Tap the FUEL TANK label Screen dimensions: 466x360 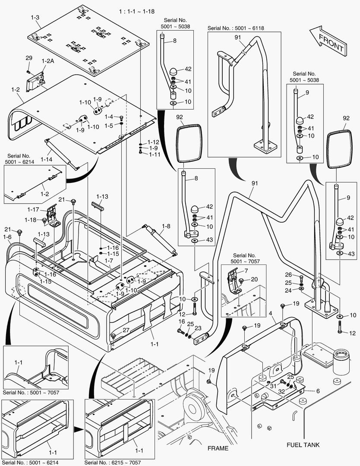pyautogui.click(x=303, y=444)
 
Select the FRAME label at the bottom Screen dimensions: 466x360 pyautogui.click(x=218, y=448)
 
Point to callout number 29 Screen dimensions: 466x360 pyautogui.click(x=28, y=58)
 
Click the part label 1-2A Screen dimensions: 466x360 pyautogui.click(x=47, y=62)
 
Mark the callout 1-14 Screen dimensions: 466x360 pyautogui.click(x=46, y=159)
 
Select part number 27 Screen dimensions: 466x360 pyautogui.click(x=126, y=330)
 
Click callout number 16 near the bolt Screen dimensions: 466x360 pyautogui.click(x=181, y=321)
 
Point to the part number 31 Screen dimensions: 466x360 pyautogui.click(x=273, y=386)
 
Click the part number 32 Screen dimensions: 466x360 pyautogui.click(x=281, y=392)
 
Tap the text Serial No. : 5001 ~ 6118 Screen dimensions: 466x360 pyautogui.click(x=236, y=28)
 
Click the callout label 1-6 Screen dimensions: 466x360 pyautogui.click(x=7, y=237)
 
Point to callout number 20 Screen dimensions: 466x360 pyautogui.click(x=254, y=279)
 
